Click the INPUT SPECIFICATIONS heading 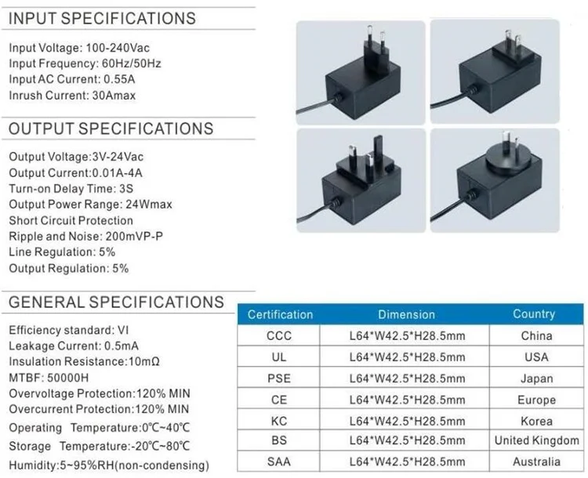(103, 18)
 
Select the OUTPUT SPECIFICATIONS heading (111, 129)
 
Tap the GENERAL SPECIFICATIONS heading (116, 302)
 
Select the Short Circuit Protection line (71, 221)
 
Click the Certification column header (280, 315)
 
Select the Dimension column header (406, 315)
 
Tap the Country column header (534, 314)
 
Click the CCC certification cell (279, 336)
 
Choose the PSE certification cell (279, 378)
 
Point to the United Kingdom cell (537, 441)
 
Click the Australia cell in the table (537, 462)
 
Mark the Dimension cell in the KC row (406, 421)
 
